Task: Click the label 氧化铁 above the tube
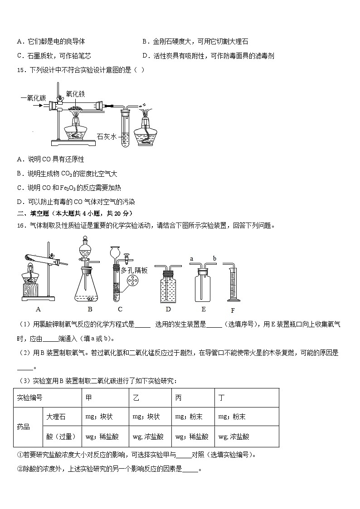[x=75, y=94]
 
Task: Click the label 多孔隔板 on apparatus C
[x=134, y=270]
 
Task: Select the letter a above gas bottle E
[x=191, y=259]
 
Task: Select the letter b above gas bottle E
[x=214, y=259]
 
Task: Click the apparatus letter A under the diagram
[x=38, y=309]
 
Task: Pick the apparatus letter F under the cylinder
[x=233, y=310]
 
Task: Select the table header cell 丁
[x=222, y=398]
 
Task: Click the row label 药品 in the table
[x=24, y=427]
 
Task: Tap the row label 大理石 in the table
[x=56, y=417]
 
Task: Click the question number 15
[x=20, y=70]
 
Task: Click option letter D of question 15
[x=19, y=202]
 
